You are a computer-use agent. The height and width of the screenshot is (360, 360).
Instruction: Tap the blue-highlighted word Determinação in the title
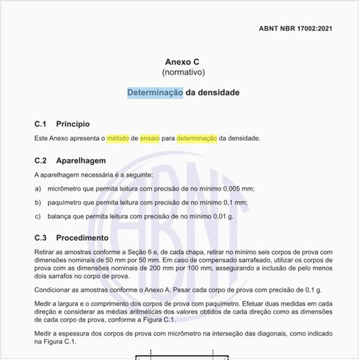click(x=155, y=92)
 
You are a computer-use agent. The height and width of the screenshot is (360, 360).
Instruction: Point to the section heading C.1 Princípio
click(x=62, y=124)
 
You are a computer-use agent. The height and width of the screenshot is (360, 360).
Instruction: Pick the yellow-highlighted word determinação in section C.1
click(x=196, y=138)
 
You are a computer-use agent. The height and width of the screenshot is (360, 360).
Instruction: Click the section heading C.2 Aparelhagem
click(x=69, y=160)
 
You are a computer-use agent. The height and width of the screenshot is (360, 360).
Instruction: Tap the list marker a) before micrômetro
click(x=38, y=189)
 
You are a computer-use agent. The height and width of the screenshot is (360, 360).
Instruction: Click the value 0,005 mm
click(x=239, y=189)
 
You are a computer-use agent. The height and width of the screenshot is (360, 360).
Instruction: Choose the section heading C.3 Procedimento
click(x=71, y=238)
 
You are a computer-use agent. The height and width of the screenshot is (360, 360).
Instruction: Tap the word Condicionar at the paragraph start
click(x=54, y=289)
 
